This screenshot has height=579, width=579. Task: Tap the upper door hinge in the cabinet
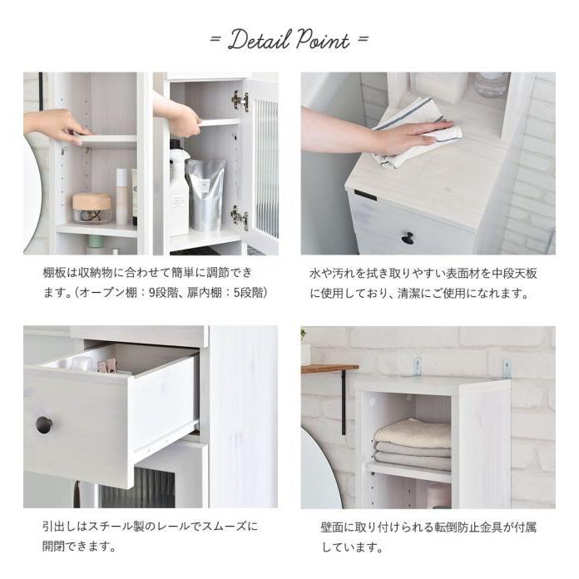coord(240,101)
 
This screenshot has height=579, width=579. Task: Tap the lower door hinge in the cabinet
coord(240,217)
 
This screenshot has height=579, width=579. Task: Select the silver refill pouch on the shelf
coord(205,196)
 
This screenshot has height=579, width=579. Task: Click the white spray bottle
coord(179,191)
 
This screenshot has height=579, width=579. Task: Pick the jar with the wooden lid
coord(92,207)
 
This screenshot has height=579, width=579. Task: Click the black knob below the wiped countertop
coord(408,239)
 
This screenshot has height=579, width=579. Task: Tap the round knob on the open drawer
coord(43,425)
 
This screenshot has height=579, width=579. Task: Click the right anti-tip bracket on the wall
coord(506,367)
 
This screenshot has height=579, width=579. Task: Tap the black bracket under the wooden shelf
coord(343,403)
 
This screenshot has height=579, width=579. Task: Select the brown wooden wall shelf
coord(329,368)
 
